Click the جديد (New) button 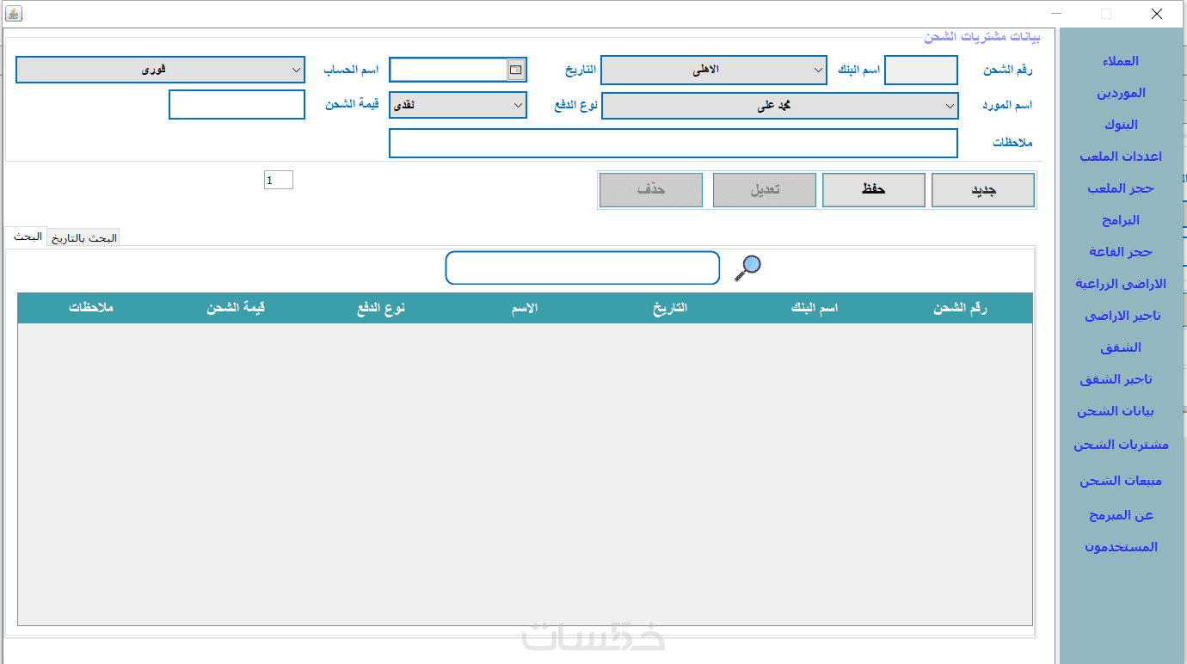(x=983, y=190)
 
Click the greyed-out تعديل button (x=764, y=190)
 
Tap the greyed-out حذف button (x=651, y=190)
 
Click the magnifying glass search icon (x=747, y=267)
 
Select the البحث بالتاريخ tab (x=83, y=238)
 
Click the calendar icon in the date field (x=515, y=70)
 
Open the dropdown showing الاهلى (x=713, y=70)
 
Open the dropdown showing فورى (x=160, y=70)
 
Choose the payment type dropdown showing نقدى (x=458, y=105)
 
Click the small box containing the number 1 (x=278, y=180)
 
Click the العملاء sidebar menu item (x=1120, y=61)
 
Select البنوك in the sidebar (x=1121, y=125)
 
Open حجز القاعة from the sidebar (x=1120, y=252)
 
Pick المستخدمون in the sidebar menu (x=1121, y=547)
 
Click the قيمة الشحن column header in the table (x=236, y=308)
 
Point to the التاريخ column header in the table (x=670, y=308)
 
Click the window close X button (x=1157, y=14)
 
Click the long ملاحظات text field (x=673, y=143)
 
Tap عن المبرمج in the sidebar (x=1121, y=515)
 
